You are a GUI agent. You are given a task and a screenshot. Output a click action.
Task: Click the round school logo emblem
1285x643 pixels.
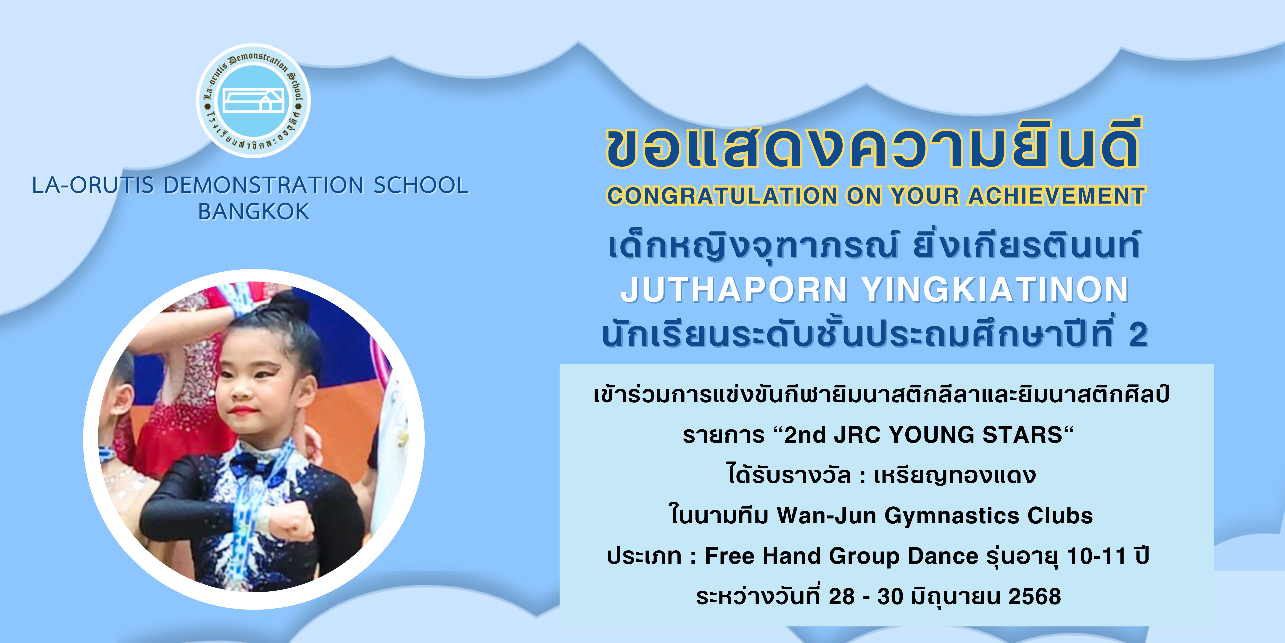(x=253, y=101)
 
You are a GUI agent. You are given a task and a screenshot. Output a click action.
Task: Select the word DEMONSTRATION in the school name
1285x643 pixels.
(x=263, y=185)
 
